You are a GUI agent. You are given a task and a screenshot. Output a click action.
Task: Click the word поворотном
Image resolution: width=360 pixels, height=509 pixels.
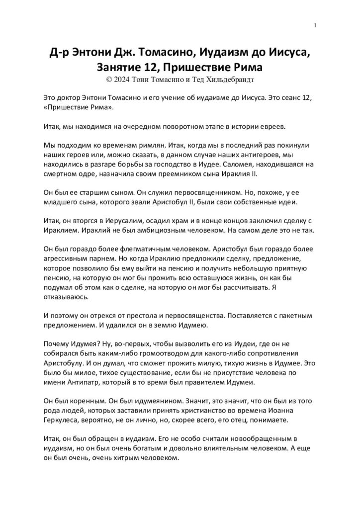[154, 127]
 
